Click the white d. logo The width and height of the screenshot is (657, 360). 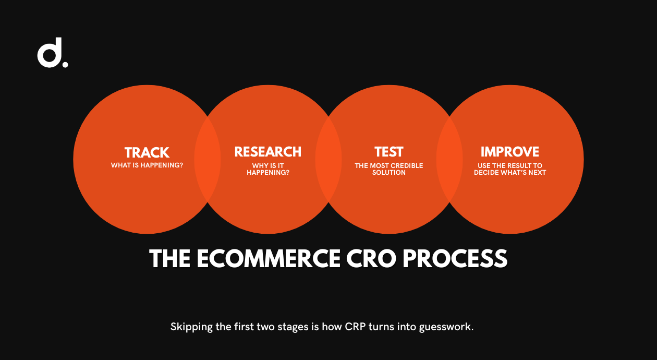point(53,53)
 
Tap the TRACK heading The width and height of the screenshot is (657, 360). point(147,152)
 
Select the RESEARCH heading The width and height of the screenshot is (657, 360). point(268,152)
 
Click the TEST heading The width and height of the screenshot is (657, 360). point(389,152)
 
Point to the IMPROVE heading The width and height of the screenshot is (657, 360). point(510,152)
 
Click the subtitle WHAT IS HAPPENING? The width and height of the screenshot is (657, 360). point(147,165)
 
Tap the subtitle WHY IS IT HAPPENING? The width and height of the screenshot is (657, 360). point(268,169)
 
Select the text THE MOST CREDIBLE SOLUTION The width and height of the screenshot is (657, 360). point(389,169)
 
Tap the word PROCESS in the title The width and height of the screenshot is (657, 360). point(455,258)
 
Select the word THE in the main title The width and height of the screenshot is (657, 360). point(169,258)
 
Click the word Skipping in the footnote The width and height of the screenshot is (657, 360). point(191,327)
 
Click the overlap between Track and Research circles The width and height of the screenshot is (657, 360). point(208,159)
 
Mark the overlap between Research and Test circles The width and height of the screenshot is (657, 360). point(328,159)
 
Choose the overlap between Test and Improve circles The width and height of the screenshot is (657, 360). point(449,159)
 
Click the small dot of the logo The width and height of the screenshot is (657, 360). point(65,64)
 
